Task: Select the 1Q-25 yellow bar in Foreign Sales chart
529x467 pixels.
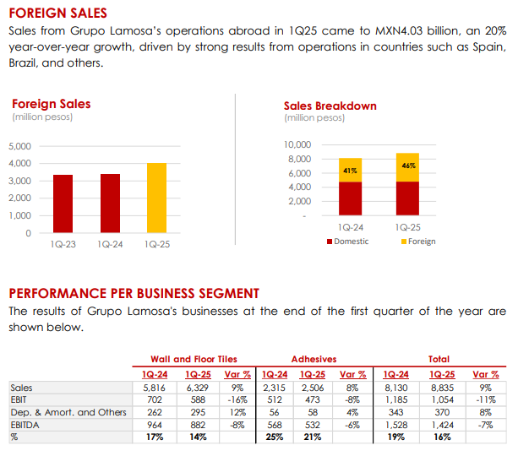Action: click(156, 198)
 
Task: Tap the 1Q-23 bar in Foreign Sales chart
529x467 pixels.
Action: click(63, 204)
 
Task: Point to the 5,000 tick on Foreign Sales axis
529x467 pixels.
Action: click(19, 146)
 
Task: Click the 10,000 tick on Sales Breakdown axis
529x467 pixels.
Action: click(298, 145)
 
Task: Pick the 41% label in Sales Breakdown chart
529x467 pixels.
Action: click(349, 171)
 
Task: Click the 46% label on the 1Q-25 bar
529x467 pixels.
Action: click(408, 166)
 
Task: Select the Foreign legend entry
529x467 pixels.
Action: click(421, 242)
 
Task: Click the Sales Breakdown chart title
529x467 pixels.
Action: click(330, 106)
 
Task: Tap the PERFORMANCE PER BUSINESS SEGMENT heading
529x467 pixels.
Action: click(134, 293)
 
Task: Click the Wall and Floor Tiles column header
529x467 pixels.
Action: click(193, 359)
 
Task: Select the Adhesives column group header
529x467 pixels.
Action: click(314, 359)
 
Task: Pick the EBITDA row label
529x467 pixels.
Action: click(26, 426)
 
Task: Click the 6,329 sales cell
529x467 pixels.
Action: click(196, 388)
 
